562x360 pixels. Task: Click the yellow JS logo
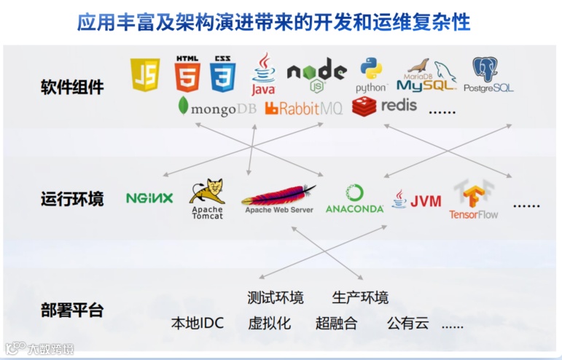pyautogui.click(x=145, y=74)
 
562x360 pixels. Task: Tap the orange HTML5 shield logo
pyautogui.click(x=187, y=74)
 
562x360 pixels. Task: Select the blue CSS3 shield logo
pyautogui.click(x=223, y=74)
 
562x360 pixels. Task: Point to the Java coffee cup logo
pyautogui.click(x=263, y=74)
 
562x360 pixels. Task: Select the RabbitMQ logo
pyautogui.click(x=303, y=109)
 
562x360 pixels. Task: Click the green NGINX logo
pyautogui.click(x=149, y=197)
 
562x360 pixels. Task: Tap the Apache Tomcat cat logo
pyautogui.click(x=207, y=198)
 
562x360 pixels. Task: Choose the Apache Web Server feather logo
pyautogui.click(x=278, y=198)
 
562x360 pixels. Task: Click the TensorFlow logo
pyautogui.click(x=473, y=200)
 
